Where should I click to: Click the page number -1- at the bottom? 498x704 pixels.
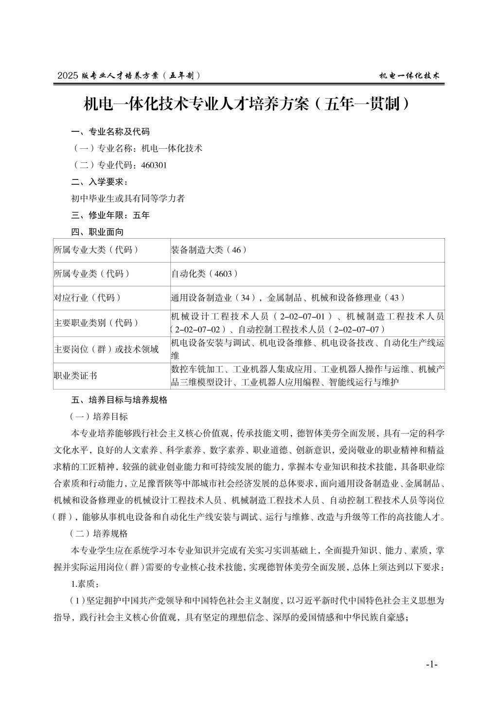[431, 665]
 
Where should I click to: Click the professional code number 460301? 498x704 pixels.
[154, 165]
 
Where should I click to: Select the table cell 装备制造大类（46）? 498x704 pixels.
[209, 250]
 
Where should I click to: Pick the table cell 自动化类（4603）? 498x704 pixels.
[205, 274]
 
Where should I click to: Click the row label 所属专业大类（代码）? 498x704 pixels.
[96, 250]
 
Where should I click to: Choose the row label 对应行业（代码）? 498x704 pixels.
[88, 298]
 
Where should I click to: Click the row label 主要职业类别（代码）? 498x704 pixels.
[96, 322]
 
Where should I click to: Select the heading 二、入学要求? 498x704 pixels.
[100, 182]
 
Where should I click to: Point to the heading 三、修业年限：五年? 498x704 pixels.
[110, 215]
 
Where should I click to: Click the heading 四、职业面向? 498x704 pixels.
[97, 232]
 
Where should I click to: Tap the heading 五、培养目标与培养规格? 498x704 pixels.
[119, 400]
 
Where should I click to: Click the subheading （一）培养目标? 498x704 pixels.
[99, 416]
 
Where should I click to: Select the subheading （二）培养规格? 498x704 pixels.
[99, 533]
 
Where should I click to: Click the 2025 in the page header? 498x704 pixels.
[68, 76]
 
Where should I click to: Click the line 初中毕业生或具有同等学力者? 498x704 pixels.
[128, 198]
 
